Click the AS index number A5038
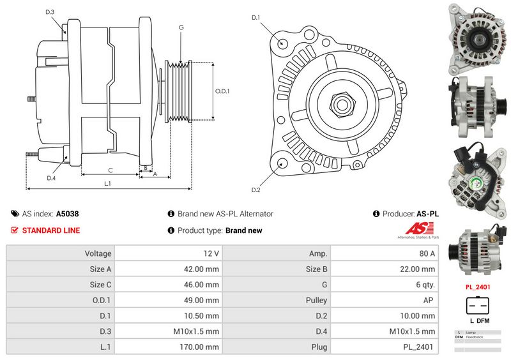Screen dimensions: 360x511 [68, 214]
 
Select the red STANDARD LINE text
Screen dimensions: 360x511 [51, 230]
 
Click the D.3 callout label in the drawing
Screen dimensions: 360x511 [50, 13]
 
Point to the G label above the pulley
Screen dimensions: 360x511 [181, 27]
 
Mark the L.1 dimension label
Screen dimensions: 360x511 [108, 183]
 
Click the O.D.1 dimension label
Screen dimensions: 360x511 [222, 91]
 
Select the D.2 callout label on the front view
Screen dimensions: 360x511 [256, 190]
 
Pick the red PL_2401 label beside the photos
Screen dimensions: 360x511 [478, 287]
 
